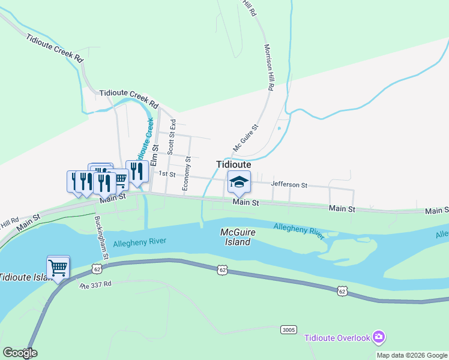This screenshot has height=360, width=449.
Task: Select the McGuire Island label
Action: tap(235, 237)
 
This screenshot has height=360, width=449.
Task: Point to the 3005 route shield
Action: tap(288, 329)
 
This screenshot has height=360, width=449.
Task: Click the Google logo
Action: tap(20, 353)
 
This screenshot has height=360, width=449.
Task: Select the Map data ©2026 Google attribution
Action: tap(412, 355)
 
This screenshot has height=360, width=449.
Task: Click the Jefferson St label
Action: tap(289, 185)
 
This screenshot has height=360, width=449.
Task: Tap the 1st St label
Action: tap(166, 173)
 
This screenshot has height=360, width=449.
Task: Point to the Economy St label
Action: tap(187, 174)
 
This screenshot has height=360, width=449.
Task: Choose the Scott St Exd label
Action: tap(171, 135)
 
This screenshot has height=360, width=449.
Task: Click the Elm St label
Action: tap(154, 155)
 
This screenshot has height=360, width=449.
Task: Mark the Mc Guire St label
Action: tap(245, 138)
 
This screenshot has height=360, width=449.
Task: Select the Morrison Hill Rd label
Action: tap(268, 67)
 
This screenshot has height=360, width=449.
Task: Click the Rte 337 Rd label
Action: tap(96, 286)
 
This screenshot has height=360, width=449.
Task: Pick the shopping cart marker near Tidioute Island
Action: tap(58, 267)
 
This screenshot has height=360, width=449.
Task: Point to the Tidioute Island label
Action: tap(24, 277)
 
